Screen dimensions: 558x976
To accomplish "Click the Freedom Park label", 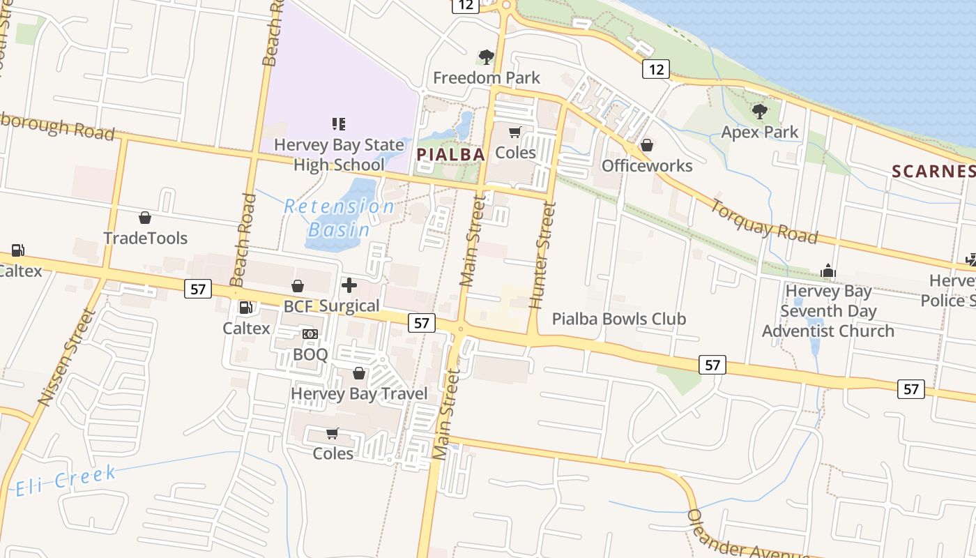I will click(x=487, y=77).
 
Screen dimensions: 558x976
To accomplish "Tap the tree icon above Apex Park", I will click(x=759, y=111).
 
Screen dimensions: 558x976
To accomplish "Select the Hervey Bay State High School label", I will click(x=339, y=155).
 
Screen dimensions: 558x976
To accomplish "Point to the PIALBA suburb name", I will click(x=450, y=154).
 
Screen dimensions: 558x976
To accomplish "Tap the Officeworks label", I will click(x=647, y=165).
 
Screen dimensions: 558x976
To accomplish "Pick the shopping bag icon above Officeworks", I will click(x=647, y=145).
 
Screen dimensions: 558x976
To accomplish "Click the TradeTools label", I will click(x=145, y=238).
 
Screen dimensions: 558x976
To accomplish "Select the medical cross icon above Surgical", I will click(x=349, y=285).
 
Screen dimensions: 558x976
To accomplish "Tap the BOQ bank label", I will click(x=310, y=354).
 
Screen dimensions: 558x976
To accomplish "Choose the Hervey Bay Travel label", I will click(x=359, y=393).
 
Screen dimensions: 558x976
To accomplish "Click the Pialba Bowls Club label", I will click(x=619, y=319).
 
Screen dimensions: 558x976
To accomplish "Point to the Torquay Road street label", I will click(x=763, y=221).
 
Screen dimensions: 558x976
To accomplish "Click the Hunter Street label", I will click(x=542, y=255).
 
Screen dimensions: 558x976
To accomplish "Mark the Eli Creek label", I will click(x=66, y=481).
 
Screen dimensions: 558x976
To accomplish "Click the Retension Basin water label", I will click(x=340, y=218).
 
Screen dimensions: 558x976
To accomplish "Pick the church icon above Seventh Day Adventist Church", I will click(x=828, y=271).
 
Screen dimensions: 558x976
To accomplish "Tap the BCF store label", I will click(x=298, y=306).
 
